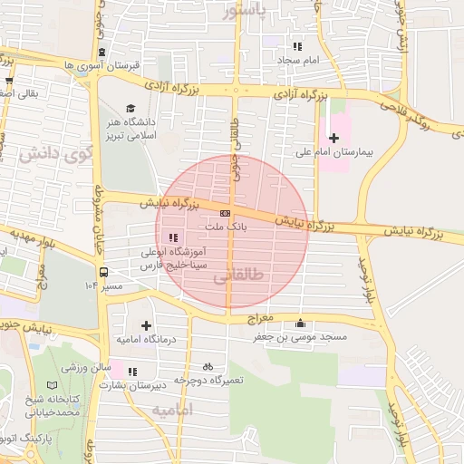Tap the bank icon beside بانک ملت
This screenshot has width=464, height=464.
[225, 213]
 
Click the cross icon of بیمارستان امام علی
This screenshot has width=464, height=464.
[334, 138]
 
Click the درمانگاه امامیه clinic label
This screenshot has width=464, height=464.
[144, 339]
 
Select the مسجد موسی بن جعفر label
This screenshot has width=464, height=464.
[300, 337]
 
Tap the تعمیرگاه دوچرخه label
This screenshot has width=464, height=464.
[209, 381]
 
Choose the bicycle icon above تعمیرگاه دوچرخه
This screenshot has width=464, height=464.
[208, 367]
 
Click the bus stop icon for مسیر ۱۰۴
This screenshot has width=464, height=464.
[104, 271]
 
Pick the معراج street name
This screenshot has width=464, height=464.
[261, 321]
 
